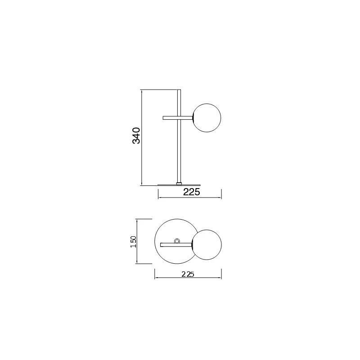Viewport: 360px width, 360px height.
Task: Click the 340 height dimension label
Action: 136,135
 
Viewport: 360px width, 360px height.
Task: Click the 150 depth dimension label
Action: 133,242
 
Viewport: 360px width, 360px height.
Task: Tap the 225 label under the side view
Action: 192,192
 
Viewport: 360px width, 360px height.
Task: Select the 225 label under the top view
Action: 188,274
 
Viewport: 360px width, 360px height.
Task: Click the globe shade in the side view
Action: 207,118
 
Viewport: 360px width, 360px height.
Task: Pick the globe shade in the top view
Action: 207,245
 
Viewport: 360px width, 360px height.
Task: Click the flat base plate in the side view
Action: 179,185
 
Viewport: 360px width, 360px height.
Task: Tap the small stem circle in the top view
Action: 177,241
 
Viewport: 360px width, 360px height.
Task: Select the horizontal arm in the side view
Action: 178,118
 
